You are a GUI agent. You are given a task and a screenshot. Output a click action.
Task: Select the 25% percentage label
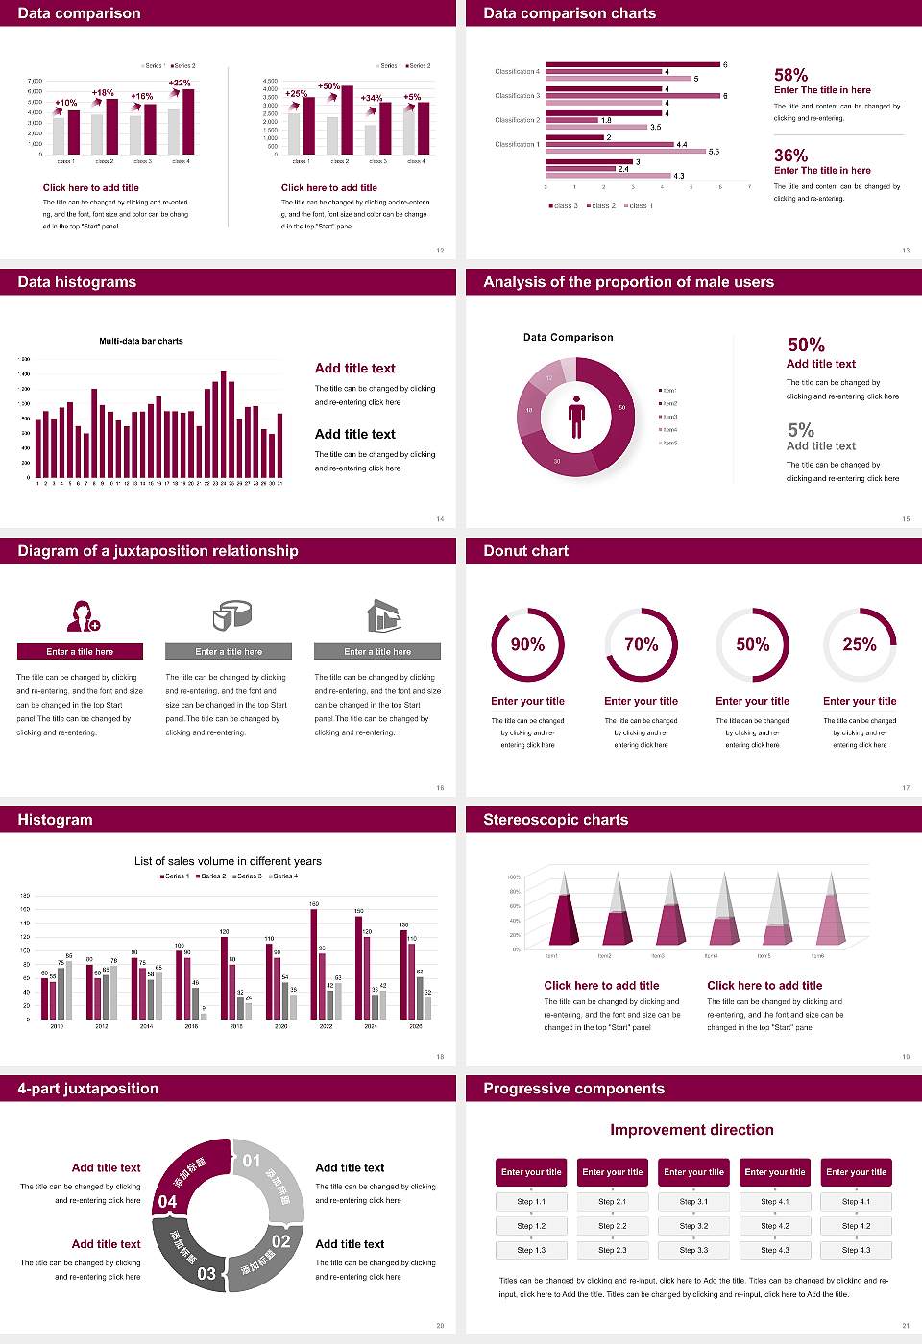coord(859,644)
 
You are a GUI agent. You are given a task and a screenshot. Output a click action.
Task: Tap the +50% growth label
coord(328,85)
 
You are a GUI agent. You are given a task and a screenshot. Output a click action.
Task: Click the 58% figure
coord(790,75)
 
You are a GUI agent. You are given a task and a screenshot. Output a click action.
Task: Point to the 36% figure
coord(790,156)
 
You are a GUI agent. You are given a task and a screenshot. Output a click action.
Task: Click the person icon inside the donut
coord(576,416)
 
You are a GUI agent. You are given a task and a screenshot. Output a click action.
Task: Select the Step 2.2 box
coord(613,1226)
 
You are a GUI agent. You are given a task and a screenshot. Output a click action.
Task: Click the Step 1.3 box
coord(531,1250)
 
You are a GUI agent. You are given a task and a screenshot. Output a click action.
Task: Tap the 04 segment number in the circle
coord(167,1202)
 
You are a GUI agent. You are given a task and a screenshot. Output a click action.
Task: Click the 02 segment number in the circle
coord(280,1241)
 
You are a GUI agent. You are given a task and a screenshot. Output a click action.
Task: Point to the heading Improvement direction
coord(691,1130)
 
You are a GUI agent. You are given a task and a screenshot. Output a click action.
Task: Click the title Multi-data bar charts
coord(141,341)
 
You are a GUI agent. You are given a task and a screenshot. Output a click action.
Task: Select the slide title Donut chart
coord(525,551)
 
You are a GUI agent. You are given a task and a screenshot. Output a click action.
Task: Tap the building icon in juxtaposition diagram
coord(384,615)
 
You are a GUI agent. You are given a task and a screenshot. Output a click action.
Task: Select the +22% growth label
coord(180,83)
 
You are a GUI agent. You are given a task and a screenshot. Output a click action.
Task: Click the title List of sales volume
coord(228,861)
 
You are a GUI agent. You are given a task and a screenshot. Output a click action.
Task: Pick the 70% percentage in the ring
coord(641,644)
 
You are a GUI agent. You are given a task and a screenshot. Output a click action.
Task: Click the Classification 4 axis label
coord(517,72)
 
